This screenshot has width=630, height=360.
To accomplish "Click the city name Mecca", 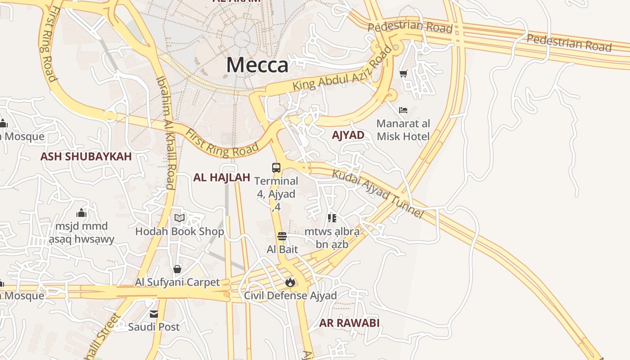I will pyautogui.click(x=257, y=65).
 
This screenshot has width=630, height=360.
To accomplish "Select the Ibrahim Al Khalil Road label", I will pyautogui.click(x=165, y=132).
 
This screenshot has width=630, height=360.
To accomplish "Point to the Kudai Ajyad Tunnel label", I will pyautogui.click(x=378, y=193).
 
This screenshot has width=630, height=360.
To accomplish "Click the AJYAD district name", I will pyautogui.click(x=348, y=135).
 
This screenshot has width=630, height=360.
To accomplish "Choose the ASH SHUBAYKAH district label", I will pyautogui.click(x=86, y=157).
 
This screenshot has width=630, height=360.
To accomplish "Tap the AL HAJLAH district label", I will pyautogui.click(x=221, y=177).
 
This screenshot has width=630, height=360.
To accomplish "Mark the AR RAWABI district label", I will pyautogui.click(x=349, y=323).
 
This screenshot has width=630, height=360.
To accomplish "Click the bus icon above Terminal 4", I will pyautogui.click(x=276, y=168).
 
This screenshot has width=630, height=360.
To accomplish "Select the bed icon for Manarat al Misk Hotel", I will pyautogui.click(x=403, y=110).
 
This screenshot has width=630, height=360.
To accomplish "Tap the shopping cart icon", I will pyautogui.click(x=403, y=73).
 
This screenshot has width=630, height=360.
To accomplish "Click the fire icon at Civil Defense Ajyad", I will pyautogui.click(x=290, y=283).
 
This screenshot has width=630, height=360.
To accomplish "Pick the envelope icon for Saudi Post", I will pyautogui.click(x=154, y=314).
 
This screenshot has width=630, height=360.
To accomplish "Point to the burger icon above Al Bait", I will pyautogui.click(x=282, y=236).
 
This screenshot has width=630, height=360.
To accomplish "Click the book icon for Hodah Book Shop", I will pyautogui.click(x=180, y=218).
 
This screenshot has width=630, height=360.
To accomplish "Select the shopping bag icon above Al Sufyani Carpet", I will pyautogui.click(x=177, y=269).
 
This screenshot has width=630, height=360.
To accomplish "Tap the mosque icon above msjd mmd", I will pyautogui.click(x=81, y=212).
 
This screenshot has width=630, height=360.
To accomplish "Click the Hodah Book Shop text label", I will pyautogui.click(x=180, y=232).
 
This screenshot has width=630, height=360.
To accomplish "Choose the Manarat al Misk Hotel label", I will pyautogui.click(x=403, y=130).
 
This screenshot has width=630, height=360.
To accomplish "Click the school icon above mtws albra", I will pyautogui.click(x=332, y=218).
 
